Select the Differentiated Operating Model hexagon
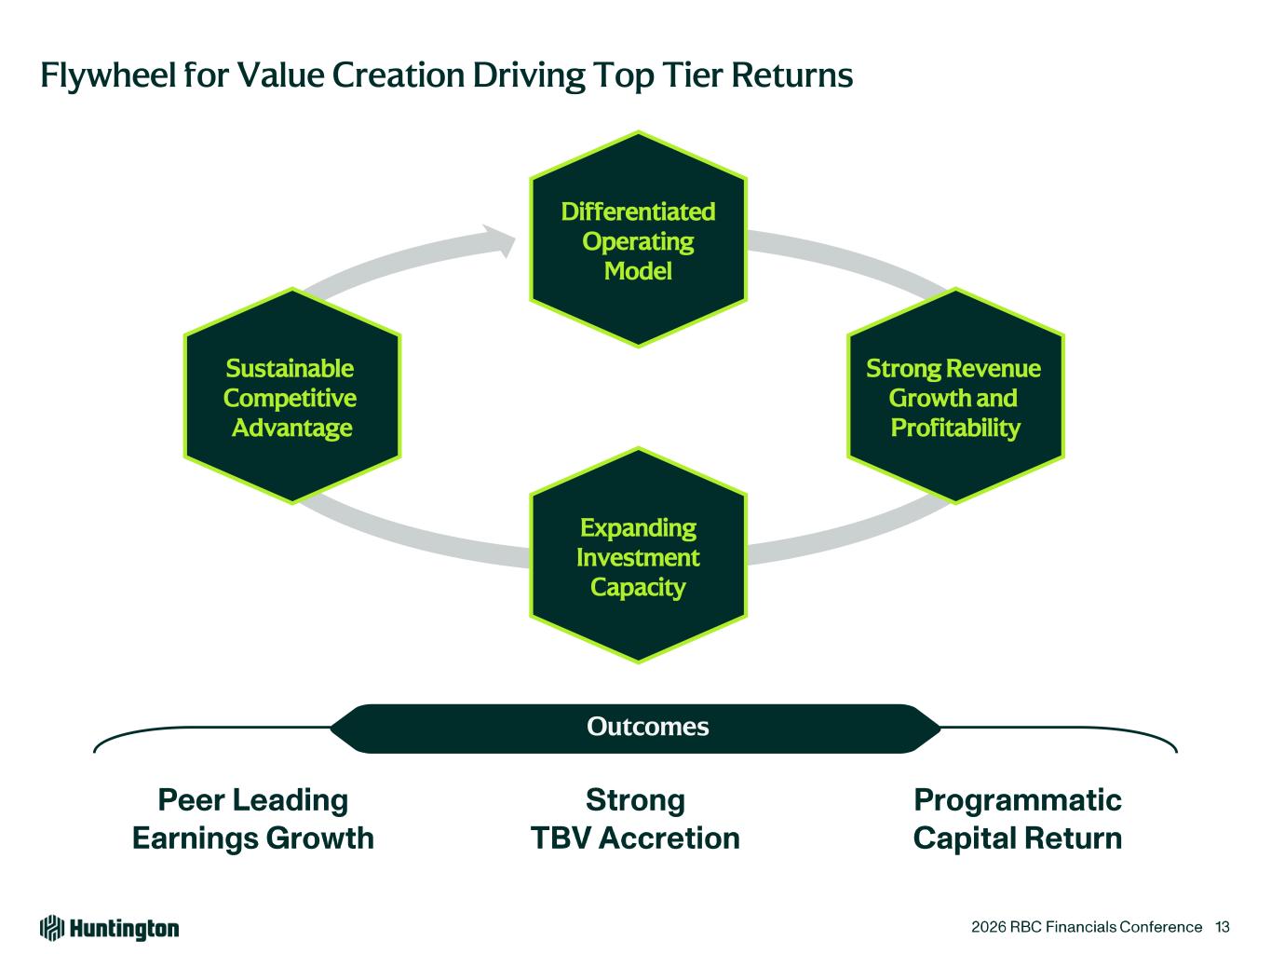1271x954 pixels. (x=638, y=240)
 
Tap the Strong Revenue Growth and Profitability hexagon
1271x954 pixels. (x=955, y=397)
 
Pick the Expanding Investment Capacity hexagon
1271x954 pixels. (x=638, y=556)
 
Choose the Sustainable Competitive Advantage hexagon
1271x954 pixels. (x=291, y=397)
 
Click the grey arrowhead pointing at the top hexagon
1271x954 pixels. (x=504, y=240)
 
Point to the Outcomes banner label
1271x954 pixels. (x=647, y=727)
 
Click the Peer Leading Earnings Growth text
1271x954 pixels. (x=252, y=819)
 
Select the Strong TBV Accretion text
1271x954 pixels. (x=635, y=819)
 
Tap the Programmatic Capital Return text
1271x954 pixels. (x=1018, y=819)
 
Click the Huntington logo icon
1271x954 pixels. (x=52, y=928)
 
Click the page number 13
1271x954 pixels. (x=1223, y=927)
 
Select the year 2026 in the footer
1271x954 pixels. (x=986, y=927)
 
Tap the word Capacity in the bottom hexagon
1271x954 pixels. (x=638, y=587)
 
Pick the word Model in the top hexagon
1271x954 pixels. (x=638, y=271)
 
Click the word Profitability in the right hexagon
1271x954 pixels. (x=955, y=428)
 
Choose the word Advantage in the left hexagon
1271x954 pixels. (x=291, y=428)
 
